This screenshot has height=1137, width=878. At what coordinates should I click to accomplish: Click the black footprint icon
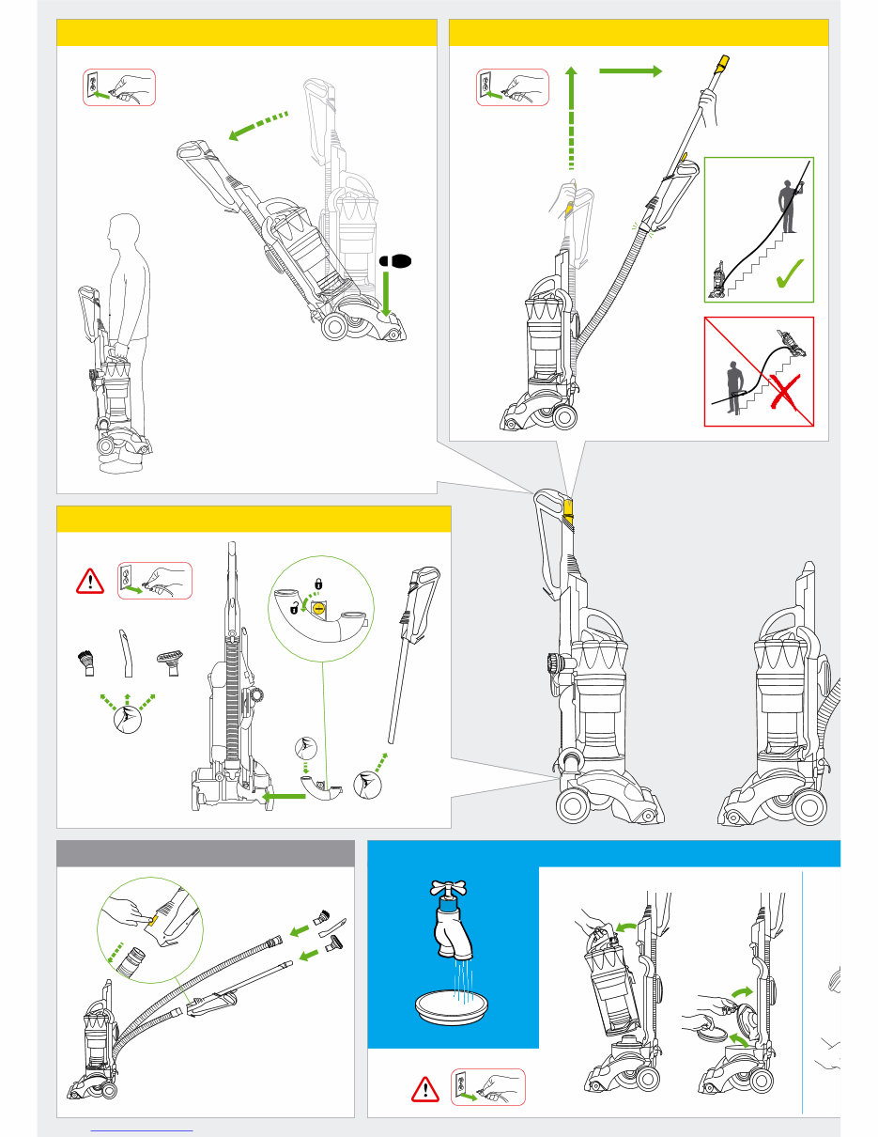pyautogui.click(x=395, y=260)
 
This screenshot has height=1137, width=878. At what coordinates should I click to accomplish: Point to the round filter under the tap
pyautogui.click(x=454, y=1013)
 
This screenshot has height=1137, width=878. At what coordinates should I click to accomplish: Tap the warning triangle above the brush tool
pyautogui.click(x=90, y=583)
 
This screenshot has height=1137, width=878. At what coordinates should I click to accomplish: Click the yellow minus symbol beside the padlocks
pyautogui.click(x=319, y=609)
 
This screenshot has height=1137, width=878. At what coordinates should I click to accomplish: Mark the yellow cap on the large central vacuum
pyautogui.click(x=567, y=507)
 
